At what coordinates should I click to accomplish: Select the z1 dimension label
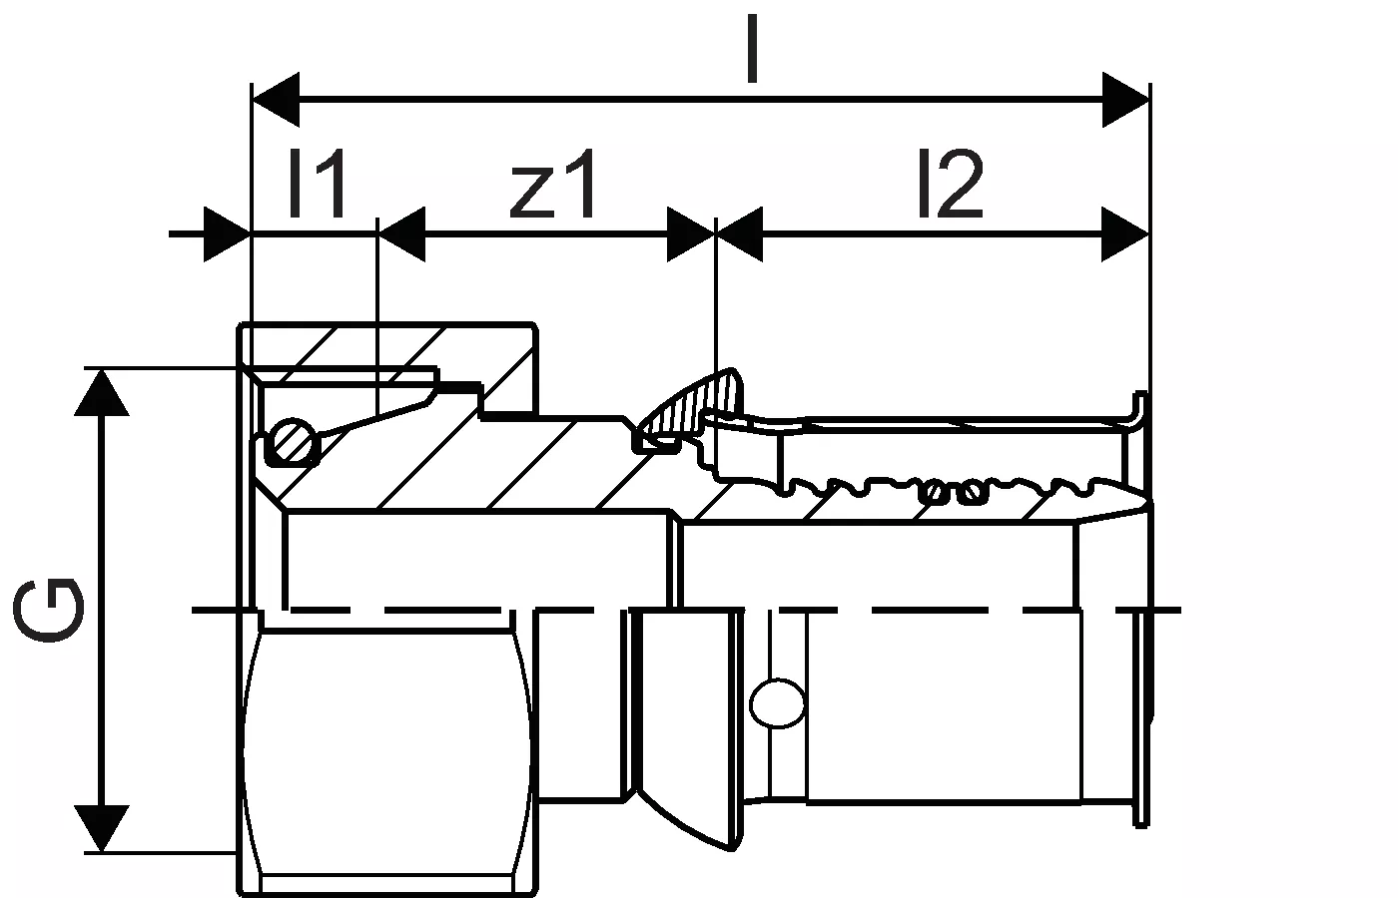(x=554, y=184)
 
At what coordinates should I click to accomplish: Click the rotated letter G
(x=50, y=609)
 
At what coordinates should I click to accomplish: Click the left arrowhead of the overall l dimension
(x=276, y=100)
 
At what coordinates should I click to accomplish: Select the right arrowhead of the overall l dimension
(x=1125, y=100)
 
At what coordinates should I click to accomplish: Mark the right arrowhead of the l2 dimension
(x=1125, y=234)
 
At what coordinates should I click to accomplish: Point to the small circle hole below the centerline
(x=779, y=702)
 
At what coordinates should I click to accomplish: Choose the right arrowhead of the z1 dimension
(x=691, y=234)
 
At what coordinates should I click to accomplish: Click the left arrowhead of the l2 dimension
(x=740, y=234)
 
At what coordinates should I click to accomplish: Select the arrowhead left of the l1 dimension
(x=226, y=234)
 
